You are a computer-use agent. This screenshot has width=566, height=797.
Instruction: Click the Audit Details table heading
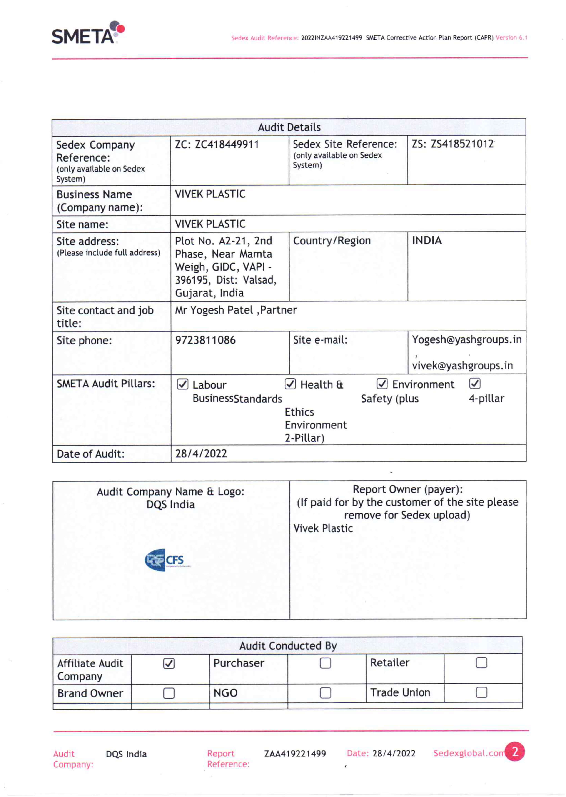click(289, 127)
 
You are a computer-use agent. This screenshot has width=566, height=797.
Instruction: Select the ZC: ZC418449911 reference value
click(217, 144)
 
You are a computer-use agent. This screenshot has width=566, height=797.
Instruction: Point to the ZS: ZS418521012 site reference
click(452, 144)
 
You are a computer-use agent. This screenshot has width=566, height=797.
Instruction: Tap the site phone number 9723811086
click(205, 340)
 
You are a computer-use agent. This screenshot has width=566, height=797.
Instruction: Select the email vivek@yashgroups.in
click(462, 365)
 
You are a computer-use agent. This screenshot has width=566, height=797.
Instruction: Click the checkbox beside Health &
click(290, 384)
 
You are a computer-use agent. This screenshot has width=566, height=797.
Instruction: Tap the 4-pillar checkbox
click(475, 383)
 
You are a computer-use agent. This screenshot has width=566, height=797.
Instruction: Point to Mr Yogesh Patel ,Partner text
click(236, 310)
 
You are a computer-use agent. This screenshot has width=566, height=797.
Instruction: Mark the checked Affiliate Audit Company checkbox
click(169, 664)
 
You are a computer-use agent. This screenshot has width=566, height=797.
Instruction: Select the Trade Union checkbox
click(481, 692)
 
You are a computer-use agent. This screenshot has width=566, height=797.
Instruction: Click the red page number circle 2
click(515, 752)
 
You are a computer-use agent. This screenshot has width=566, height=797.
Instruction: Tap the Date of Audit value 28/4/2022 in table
click(201, 453)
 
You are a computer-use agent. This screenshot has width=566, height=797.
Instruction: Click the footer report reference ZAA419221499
click(295, 753)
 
